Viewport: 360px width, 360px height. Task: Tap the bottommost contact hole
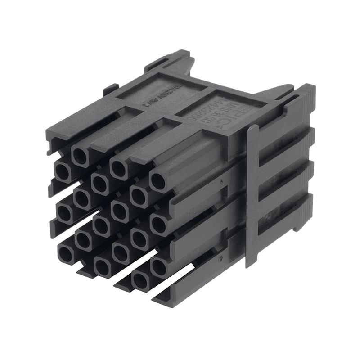[140, 281]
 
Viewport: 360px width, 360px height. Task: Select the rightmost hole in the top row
[158, 181]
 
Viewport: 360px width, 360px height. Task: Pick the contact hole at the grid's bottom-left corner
[66, 254]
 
